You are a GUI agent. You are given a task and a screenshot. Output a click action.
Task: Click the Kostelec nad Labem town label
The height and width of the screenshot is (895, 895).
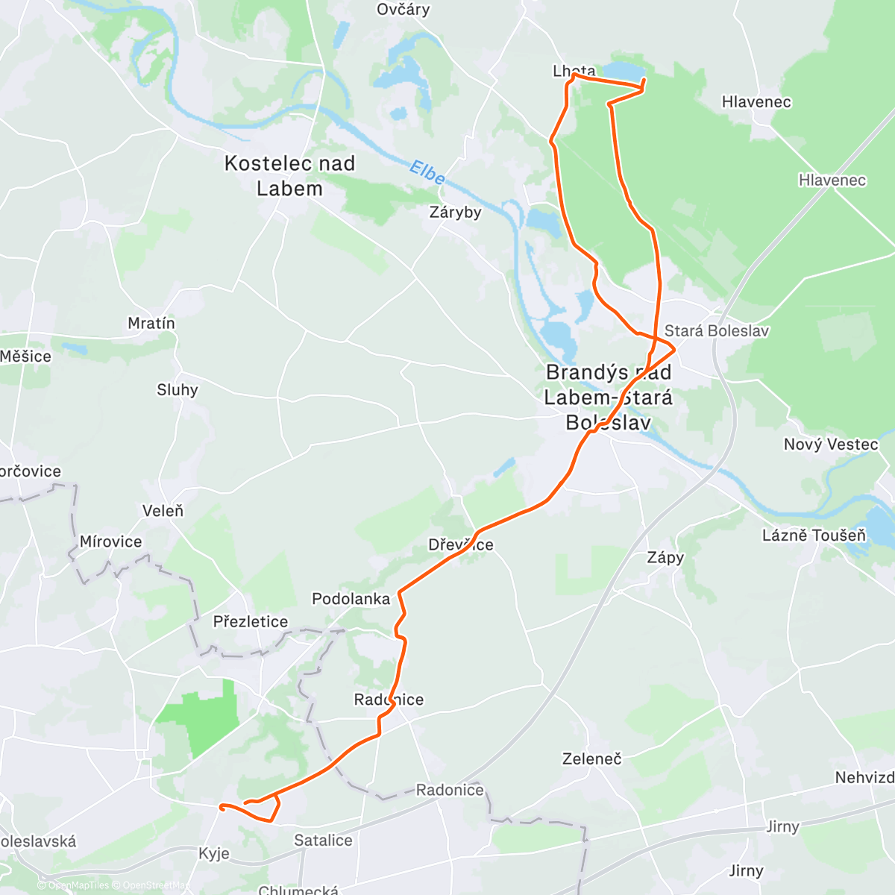(289, 176)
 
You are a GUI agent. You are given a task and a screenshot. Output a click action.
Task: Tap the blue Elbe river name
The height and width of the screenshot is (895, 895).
(427, 173)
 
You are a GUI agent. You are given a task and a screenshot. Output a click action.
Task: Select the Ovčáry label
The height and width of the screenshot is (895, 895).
(403, 10)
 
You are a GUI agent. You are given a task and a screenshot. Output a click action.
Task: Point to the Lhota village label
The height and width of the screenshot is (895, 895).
(574, 72)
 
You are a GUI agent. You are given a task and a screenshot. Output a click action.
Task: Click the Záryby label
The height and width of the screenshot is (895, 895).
(455, 213)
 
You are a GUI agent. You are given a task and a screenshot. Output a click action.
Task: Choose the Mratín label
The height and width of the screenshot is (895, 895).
(151, 324)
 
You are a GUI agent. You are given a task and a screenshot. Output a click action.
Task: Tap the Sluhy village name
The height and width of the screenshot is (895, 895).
(178, 390)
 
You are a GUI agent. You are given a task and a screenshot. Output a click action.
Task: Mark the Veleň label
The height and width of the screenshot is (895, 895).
(163, 511)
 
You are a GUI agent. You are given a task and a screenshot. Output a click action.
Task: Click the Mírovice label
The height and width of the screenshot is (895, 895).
(110, 542)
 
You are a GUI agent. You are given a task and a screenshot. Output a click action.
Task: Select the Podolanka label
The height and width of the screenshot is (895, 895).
(351, 599)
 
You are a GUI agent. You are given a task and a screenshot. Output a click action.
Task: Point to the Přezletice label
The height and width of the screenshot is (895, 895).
(250, 622)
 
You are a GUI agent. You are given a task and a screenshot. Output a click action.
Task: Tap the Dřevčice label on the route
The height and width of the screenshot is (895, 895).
(460, 545)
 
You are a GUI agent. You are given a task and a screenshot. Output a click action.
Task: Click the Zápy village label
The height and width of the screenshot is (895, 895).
(665, 558)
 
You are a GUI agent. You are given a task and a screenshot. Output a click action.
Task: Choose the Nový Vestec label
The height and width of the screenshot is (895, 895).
(831, 445)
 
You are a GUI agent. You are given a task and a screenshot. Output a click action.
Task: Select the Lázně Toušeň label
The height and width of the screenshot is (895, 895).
(814, 536)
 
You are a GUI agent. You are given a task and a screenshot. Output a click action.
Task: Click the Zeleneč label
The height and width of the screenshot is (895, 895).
(591, 759)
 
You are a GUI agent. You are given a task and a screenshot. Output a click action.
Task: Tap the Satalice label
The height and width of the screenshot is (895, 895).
(323, 841)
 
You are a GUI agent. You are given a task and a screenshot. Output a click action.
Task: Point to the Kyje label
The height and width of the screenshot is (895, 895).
(214, 854)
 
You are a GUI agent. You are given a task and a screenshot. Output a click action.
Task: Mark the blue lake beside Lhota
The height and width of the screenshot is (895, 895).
(624, 72)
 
